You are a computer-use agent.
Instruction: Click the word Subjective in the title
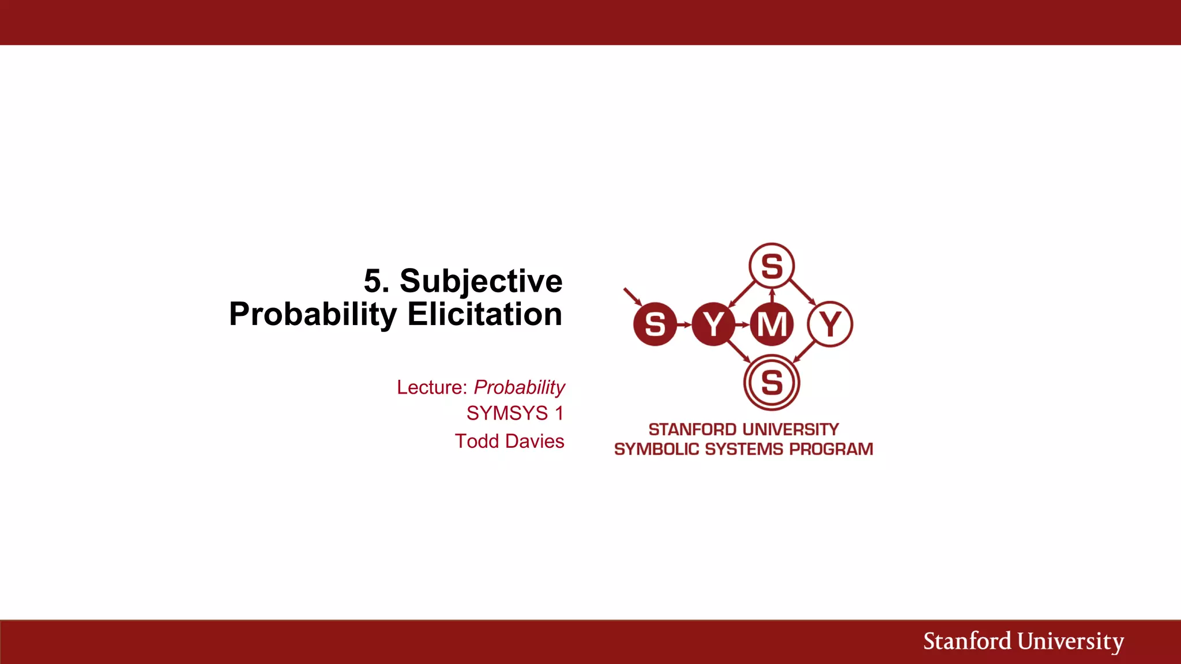tap(480, 281)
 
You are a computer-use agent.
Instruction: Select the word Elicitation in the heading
tap(484, 314)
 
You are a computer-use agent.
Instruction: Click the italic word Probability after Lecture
tap(519, 387)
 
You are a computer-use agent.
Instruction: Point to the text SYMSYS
tap(507, 413)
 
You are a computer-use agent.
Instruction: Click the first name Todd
tap(476, 441)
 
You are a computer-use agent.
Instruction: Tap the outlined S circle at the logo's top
tap(772, 266)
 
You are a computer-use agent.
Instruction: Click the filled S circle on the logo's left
tap(655, 324)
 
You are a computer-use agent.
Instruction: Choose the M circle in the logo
tap(772, 324)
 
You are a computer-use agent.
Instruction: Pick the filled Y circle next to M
tap(713, 324)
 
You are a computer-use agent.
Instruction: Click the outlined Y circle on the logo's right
tap(830, 324)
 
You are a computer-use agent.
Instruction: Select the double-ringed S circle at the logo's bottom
tap(772, 383)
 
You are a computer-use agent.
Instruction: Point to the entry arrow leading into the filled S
tap(633, 296)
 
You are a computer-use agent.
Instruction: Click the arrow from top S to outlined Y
tap(802, 293)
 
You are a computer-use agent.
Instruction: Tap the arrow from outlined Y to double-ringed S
tap(804, 351)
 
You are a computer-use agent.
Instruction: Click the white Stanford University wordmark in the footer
tap(1023, 642)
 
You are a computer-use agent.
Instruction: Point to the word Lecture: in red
tap(431, 387)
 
